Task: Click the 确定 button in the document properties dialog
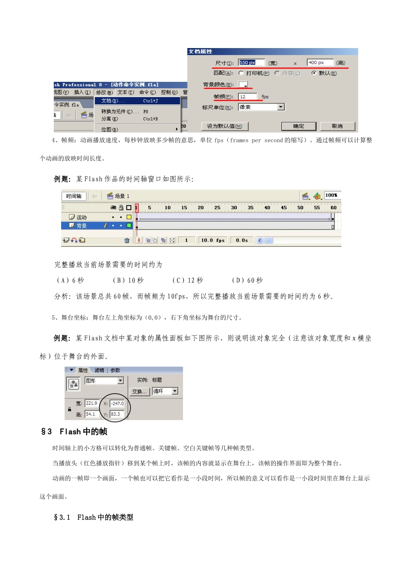pos(298,126)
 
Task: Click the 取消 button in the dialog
pos(337,126)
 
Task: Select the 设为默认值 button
pos(224,126)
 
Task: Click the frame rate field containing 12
pos(247,97)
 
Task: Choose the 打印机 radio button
pos(241,73)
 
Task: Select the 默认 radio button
pos(314,73)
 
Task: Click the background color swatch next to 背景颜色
pos(243,84)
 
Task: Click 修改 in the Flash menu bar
pos(104,92)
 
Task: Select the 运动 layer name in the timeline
pos(82,217)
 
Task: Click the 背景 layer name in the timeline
pos(82,226)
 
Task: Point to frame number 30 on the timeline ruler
pos(234,208)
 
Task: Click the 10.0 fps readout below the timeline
pos(213,240)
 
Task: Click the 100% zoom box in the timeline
pos(332,195)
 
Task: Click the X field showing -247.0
pos(117,404)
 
